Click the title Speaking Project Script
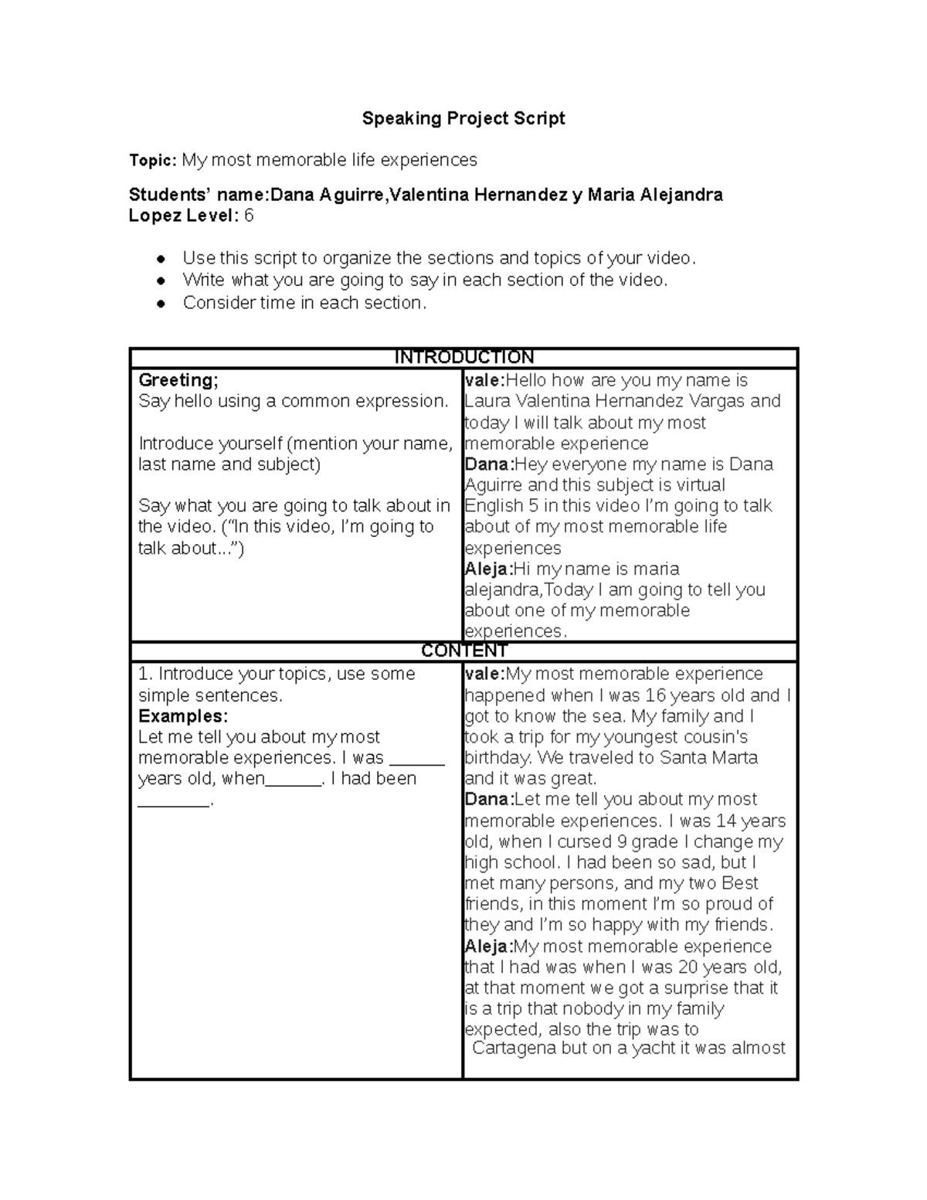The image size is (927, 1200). [463, 118]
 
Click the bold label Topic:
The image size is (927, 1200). [153, 160]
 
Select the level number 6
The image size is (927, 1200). [249, 216]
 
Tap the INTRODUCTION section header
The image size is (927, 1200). [463, 357]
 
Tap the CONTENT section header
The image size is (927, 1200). [463, 651]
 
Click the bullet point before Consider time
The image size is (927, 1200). [161, 304]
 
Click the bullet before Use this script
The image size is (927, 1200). [161, 259]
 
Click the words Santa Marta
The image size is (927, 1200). [710, 757]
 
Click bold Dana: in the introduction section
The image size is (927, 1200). [488, 464]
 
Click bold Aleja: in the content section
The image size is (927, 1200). [488, 947]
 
